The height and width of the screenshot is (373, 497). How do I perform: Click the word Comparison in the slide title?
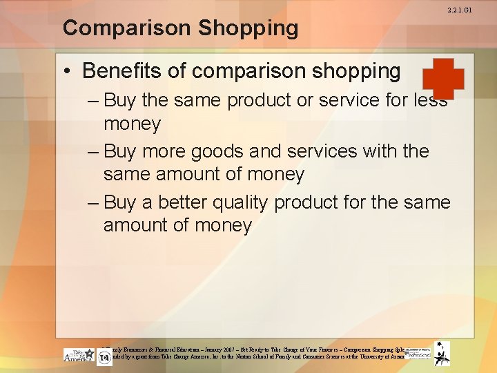tap(116, 28)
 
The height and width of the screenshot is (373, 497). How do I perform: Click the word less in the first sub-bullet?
tap(429, 101)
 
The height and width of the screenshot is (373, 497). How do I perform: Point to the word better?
tap(190, 202)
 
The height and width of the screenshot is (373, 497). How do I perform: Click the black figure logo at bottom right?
tap(442, 353)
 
